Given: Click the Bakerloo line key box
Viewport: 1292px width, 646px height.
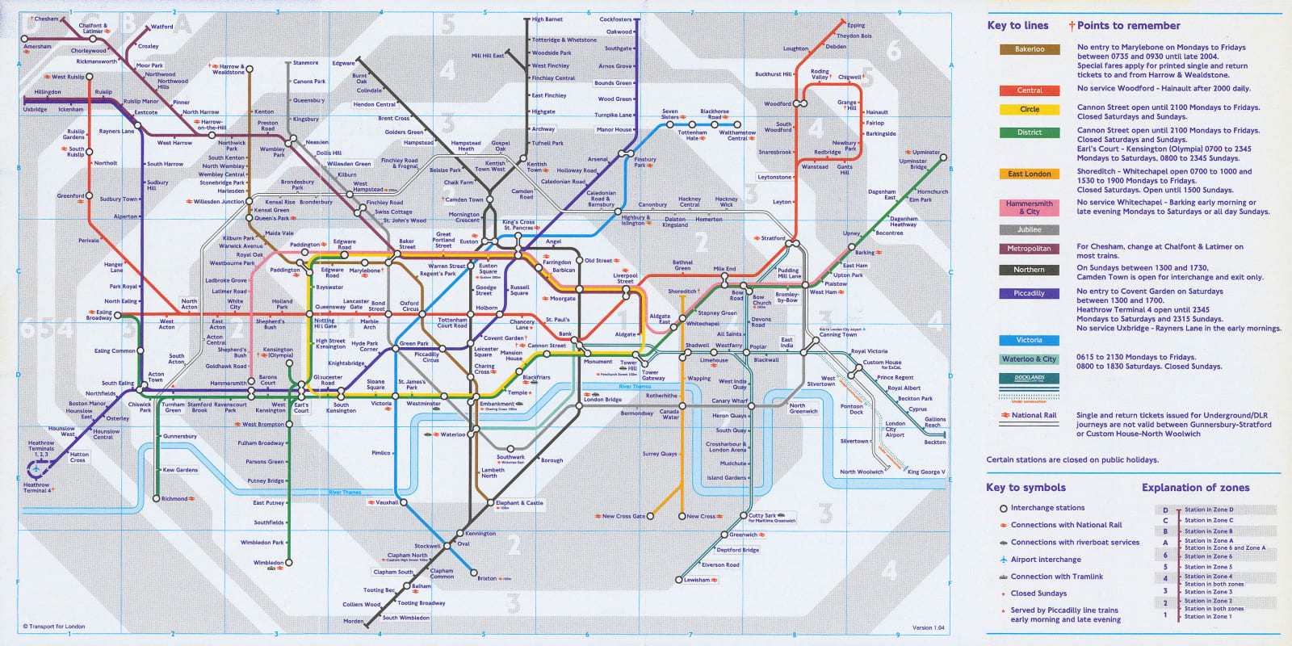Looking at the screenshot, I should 1030,49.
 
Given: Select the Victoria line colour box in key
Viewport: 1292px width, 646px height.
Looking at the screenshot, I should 1030,340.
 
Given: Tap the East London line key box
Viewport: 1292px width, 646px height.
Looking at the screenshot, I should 1030,174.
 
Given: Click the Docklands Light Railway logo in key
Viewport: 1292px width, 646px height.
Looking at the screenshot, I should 1030,378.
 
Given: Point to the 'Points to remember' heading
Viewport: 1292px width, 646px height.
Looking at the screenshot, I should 1128,26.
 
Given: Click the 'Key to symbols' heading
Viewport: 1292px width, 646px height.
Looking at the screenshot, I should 1026,488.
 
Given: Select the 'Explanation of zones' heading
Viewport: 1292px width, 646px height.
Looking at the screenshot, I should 1195,488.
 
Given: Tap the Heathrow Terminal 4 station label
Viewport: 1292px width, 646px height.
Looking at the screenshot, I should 37,488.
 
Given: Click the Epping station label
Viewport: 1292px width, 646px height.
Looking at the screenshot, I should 856,25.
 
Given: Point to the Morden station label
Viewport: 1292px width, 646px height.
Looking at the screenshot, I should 354,621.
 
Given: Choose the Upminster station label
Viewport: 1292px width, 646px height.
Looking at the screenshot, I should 925,152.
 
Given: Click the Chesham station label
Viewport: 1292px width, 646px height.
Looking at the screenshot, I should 46,19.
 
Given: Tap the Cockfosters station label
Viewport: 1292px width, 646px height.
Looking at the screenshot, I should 615,19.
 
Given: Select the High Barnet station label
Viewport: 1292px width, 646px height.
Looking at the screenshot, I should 547,19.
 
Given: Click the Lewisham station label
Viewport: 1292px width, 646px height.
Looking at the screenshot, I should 697,580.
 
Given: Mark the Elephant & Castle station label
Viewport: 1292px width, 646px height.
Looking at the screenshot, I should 519,503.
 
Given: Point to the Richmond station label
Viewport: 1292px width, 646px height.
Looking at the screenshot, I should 174,498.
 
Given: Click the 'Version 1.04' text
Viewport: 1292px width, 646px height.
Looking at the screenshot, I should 928,627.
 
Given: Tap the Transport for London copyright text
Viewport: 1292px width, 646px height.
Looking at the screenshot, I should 54,627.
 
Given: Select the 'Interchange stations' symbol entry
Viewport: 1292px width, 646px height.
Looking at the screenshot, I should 1047,508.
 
